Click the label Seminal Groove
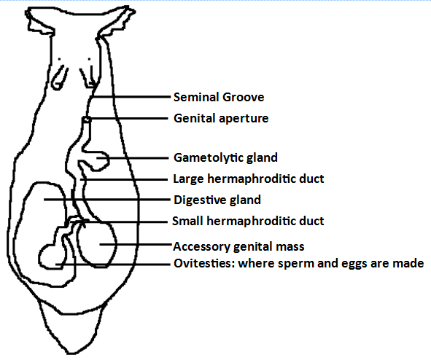point(219,97)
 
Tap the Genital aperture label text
point(221,119)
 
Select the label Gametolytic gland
point(225,158)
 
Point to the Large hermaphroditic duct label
point(249,179)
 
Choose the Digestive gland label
point(217,200)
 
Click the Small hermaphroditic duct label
point(248,221)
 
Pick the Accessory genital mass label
point(238,246)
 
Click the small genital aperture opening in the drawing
point(86,120)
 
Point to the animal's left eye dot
point(59,59)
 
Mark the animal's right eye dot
point(89,59)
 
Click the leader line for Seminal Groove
point(131,97)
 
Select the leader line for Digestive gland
point(107,200)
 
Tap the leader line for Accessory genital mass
point(136,244)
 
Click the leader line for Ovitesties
point(113,265)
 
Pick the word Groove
point(244,97)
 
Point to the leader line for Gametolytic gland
point(132,158)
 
